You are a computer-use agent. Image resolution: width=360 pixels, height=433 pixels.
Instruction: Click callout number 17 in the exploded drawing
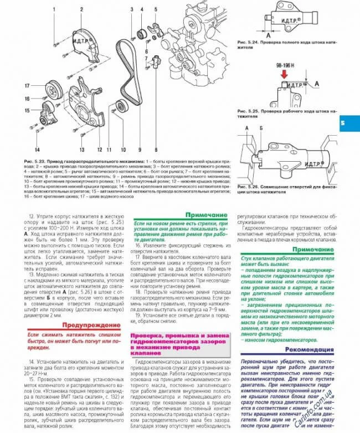click(x=26, y=85)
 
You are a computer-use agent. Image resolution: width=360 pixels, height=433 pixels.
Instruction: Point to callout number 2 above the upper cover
click(x=81, y=9)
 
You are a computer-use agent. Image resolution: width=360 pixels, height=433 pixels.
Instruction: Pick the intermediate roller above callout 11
click(x=117, y=108)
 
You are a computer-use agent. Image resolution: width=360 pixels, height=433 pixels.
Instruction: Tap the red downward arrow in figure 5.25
click(x=284, y=74)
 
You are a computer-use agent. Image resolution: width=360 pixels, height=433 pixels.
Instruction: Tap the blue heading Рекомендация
click(x=310, y=350)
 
